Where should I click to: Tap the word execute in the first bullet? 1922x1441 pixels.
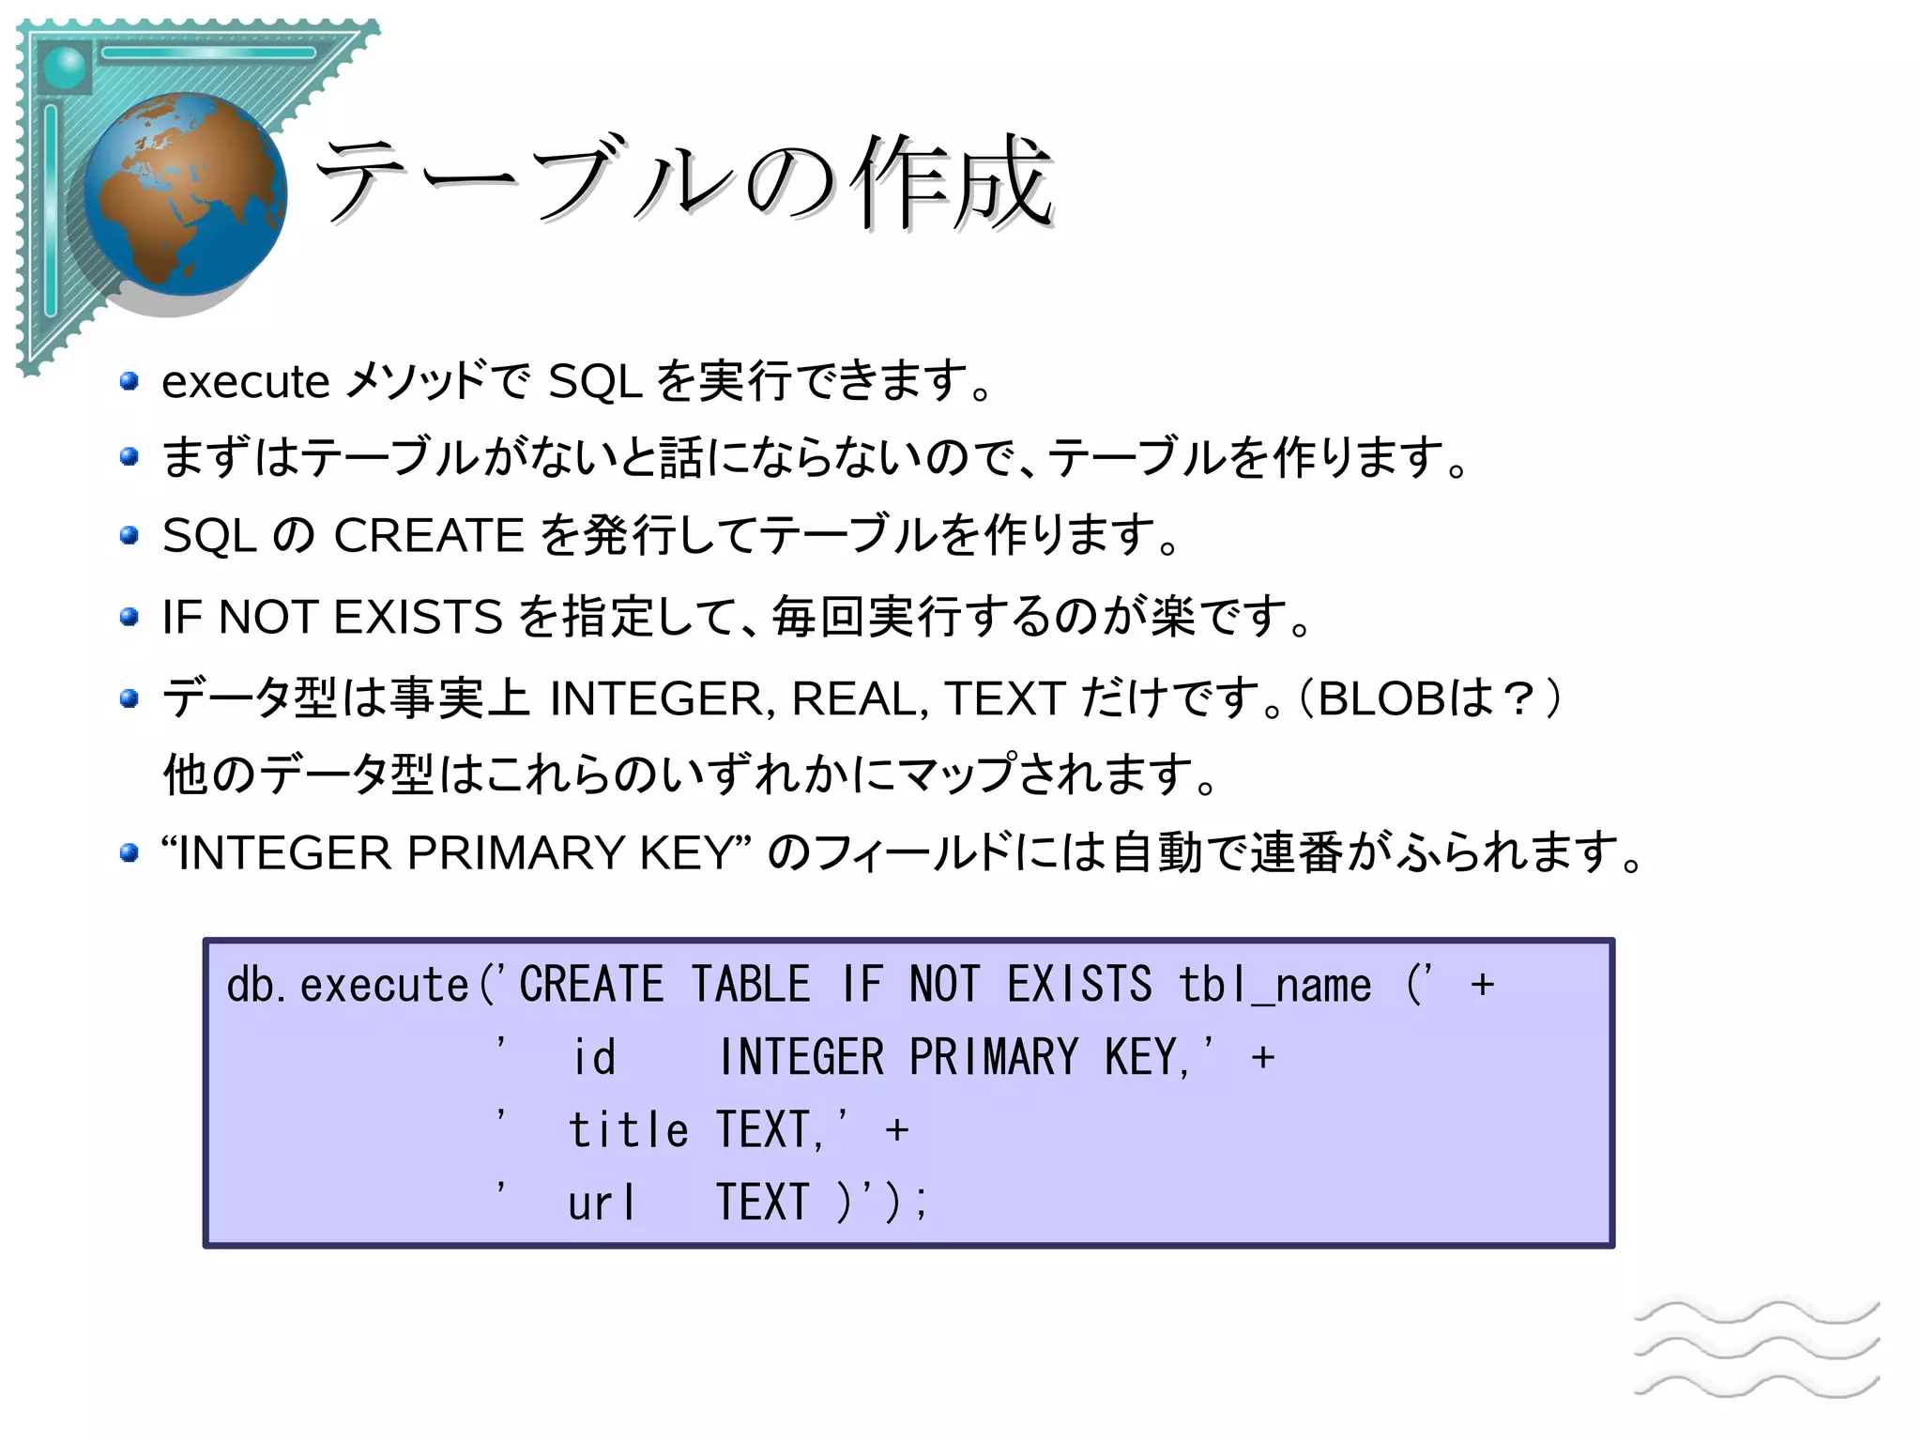(245, 382)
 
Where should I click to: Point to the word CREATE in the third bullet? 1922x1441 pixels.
(428, 536)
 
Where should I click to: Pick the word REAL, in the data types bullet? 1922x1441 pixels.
(861, 699)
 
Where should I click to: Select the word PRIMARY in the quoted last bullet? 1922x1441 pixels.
(515, 853)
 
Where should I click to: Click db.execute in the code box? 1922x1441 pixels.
(347, 986)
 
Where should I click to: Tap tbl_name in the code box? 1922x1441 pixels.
(1274, 986)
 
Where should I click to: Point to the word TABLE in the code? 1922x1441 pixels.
(751, 986)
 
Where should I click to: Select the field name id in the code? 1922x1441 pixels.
(594, 1058)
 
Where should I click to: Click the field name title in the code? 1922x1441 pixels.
(628, 1129)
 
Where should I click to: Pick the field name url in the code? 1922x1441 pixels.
(602, 1203)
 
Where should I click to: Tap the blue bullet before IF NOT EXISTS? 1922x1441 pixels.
(130, 618)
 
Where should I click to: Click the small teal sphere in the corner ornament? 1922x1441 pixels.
(65, 68)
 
